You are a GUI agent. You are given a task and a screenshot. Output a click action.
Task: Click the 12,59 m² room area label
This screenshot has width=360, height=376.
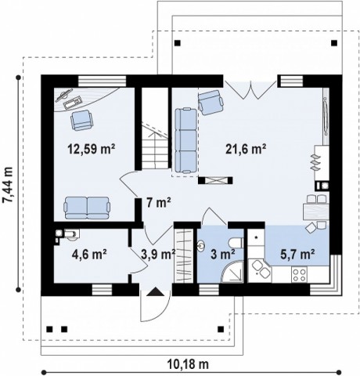(x=92, y=149)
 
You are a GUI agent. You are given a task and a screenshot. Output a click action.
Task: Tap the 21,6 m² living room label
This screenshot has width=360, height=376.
(x=246, y=149)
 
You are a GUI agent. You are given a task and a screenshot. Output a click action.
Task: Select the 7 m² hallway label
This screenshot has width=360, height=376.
(x=159, y=203)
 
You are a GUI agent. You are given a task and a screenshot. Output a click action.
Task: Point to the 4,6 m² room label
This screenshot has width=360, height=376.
(x=89, y=254)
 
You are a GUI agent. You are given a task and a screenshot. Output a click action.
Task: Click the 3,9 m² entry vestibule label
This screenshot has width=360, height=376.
(x=158, y=254)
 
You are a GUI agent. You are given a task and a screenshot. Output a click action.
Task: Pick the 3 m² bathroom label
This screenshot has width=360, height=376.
(x=223, y=254)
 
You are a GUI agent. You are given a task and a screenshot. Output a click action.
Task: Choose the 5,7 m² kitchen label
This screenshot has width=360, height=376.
(x=297, y=254)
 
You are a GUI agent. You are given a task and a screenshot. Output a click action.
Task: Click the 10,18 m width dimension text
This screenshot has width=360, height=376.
(x=188, y=363)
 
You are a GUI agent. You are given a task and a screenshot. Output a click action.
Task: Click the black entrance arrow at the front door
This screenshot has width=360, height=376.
(x=156, y=291)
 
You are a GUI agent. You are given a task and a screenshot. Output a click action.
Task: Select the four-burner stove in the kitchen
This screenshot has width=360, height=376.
(x=299, y=275)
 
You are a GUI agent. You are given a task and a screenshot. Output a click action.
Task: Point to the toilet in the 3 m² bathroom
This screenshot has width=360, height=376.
(x=236, y=243)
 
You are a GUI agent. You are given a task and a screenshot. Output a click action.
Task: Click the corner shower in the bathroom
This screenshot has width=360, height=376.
(x=232, y=272)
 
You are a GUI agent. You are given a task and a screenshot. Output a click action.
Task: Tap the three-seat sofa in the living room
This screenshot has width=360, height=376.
(x=185, y=141)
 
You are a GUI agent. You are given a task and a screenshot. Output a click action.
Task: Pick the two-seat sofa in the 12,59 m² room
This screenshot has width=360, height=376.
(x=87, y=208)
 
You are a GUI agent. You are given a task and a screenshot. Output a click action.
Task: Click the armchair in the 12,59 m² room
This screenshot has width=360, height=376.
(x=81, y=120)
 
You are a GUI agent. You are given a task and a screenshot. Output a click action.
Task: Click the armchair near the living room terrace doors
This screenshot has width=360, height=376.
(x=211, y=103)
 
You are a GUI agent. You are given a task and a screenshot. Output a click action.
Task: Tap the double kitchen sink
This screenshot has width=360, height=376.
(x=261, y=269)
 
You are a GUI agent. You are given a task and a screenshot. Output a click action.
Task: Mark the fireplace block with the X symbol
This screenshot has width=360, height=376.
(x=215, y=180)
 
